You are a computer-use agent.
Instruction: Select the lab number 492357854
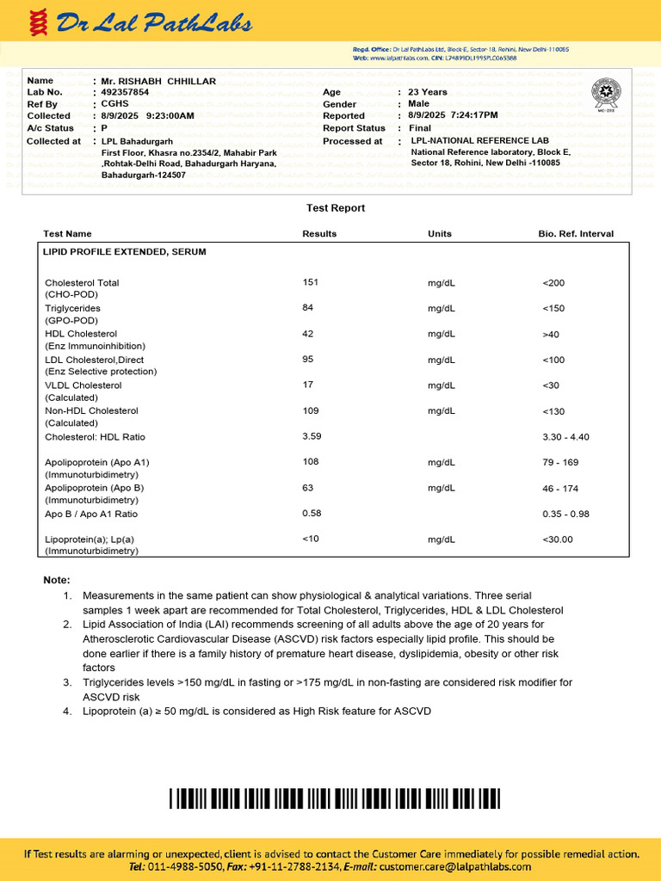(125, 92)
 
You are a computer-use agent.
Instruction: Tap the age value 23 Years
(428, 92)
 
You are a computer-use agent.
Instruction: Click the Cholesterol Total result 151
(311, 282)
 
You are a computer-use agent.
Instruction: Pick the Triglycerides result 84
(308, 307)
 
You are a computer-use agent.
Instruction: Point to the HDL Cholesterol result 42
(308, 333)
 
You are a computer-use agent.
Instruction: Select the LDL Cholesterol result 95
(308, 359)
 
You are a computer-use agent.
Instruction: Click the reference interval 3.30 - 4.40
(566, 437)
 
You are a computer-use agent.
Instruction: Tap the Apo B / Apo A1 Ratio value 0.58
(312, 514)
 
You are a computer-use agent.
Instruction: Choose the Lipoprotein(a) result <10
(311, 539)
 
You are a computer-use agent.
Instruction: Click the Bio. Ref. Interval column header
(576, 234)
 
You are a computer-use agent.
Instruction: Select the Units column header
(439, 234)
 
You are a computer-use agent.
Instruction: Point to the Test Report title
(336, 208)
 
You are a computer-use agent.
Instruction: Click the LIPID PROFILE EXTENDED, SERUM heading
(125, 252)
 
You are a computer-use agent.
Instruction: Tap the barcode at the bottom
(335, 798)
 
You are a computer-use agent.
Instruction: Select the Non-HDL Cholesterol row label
(91, 411)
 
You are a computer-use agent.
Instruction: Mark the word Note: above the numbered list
(57, 581)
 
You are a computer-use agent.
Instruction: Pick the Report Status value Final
(419, 128)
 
